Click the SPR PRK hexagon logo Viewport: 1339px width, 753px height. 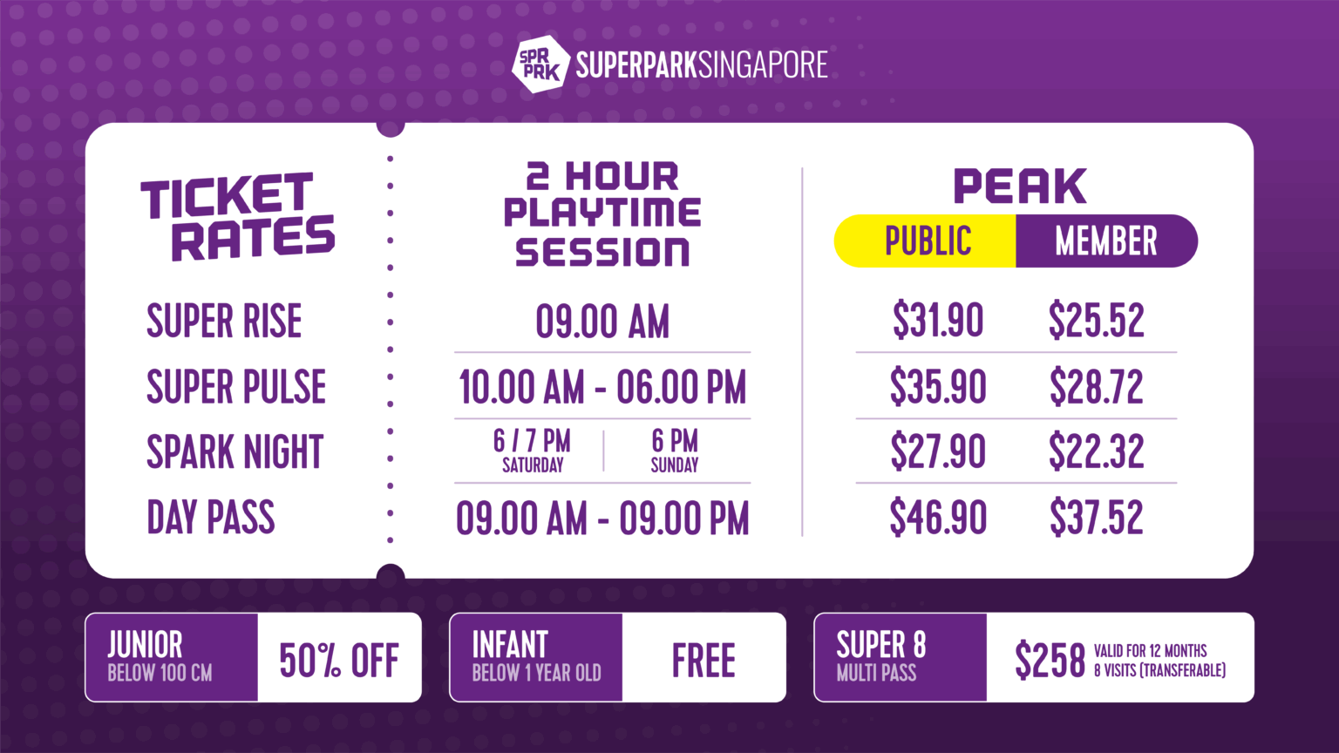(x=537, y=64)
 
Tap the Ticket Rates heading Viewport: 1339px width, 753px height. (x=237, y=217)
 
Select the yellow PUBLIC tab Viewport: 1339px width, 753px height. (x=927, y=241)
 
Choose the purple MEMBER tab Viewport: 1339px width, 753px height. (x=1105, y=241)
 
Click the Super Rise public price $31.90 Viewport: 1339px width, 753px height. (x=938, y=320)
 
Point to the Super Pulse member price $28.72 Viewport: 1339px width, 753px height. (x=1096, y=386)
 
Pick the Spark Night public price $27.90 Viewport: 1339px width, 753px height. (x=938, y=451)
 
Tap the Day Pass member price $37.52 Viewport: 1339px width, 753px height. (x=1096, y=517)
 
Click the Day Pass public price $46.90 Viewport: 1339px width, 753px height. (x=938, y=517)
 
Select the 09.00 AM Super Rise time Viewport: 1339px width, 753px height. (x=602, y=322)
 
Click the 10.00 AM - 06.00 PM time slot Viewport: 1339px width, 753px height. (x=602, y=387)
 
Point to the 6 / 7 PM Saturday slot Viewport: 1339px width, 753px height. (x=532, y=451)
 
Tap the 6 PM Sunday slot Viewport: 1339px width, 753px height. (x=675, y=451)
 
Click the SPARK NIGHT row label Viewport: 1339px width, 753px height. (x=234, y=452)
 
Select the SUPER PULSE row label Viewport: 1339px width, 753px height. (x=236, y=387)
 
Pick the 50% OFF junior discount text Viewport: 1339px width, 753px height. (x=339, y=660)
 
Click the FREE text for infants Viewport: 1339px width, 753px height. (x=703, y=660)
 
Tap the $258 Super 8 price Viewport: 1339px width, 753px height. (x=1050, y=660)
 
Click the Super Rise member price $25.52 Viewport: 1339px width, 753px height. (x=1096, y=320)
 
